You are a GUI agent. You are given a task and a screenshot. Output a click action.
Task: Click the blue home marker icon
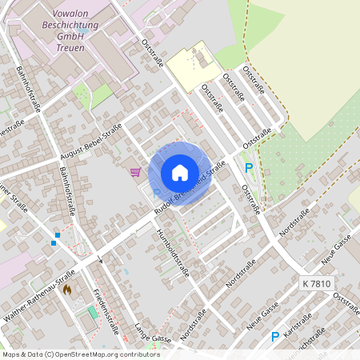point(179,173)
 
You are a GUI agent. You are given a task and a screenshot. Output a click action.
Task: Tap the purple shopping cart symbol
point(135,170)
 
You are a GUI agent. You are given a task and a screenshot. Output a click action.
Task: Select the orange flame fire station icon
point(67,289)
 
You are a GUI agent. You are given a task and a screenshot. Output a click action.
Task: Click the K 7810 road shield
point(317,284)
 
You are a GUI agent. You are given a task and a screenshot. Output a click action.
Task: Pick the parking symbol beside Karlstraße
point(275,337)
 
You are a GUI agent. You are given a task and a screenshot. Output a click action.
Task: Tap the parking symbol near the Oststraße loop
point(249,167)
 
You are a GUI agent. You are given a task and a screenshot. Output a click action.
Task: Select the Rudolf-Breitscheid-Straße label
point(190,185)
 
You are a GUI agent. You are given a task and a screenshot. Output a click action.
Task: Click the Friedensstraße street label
point(106,311)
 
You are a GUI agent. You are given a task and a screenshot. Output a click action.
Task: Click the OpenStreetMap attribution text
point(80,354)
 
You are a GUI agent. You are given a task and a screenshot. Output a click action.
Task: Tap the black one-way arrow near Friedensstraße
point(100,261)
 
